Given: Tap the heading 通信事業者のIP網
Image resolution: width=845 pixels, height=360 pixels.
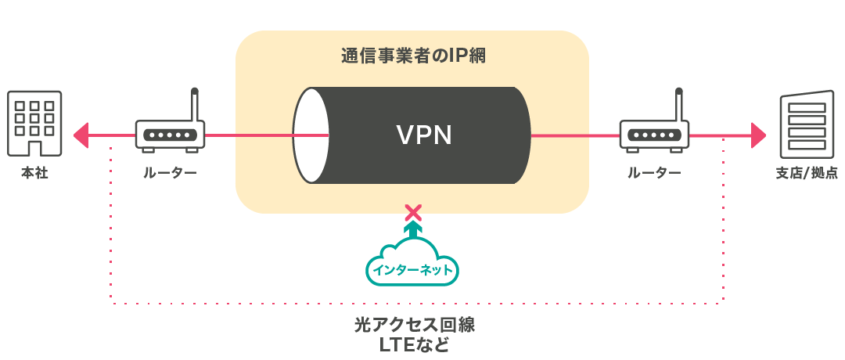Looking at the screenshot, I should [413, 57].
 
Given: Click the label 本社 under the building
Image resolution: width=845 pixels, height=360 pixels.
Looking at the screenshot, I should [35, 173].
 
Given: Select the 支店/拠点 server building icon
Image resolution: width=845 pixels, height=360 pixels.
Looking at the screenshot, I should [804, 125].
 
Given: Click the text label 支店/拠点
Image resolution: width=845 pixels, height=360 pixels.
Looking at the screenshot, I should [805, 173].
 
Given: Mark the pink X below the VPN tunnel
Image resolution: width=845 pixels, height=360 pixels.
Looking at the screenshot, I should [412, 211].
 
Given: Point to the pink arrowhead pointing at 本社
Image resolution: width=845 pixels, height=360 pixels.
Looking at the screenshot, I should [81, 135].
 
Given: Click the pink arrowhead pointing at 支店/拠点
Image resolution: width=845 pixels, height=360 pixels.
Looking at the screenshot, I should [757, 135].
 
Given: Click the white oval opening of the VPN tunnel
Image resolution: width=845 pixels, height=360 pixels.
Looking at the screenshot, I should [311, 135].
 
